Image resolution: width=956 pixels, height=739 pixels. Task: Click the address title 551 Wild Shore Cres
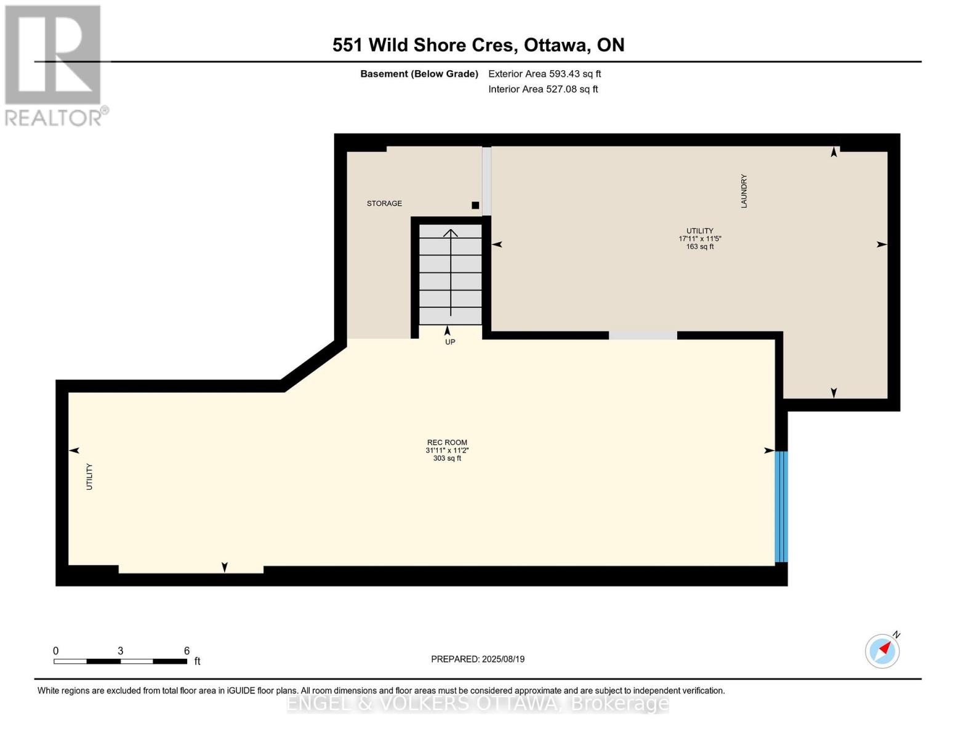click(478, 45)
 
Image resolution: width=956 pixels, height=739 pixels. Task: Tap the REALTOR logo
click(54, 65)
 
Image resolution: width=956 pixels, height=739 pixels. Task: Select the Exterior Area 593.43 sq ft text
click(544, 74)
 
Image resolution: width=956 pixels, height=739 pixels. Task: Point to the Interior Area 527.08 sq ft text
click(543, 89)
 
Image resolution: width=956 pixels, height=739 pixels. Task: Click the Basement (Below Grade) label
click(419, 74)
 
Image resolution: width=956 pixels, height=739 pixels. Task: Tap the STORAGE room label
click(384, 203)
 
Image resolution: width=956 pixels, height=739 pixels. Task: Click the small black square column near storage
click(475, 205)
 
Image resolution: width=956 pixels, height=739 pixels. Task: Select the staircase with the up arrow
click(451, 274)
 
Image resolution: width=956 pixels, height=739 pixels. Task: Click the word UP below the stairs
click(450, 342)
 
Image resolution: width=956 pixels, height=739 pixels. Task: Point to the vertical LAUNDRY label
click(744, 191)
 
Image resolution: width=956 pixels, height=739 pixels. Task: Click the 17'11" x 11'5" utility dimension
click(700, 239)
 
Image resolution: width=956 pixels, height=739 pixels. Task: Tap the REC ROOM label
click(447, 442)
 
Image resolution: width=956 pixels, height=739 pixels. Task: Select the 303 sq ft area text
click(447, 458)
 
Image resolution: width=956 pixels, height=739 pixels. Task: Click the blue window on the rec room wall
click(781, 506)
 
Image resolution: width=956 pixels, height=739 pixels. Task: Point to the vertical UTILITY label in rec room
click(89, 477)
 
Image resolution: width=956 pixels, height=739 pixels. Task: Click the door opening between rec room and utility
click(643, 336)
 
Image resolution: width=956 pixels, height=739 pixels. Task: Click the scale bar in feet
click(120, 661)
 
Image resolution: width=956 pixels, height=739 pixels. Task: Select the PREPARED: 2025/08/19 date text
click(478, 659)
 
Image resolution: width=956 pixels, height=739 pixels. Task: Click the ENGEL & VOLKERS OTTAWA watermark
click(478, 703)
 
